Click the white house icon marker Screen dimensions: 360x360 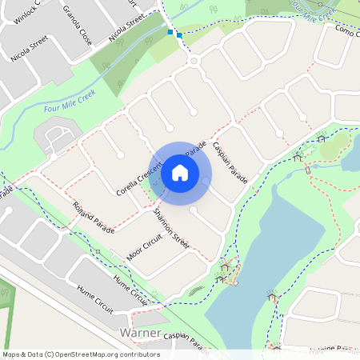pyautogui.click(x=180, y=172)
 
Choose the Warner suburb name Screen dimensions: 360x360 pyautogui.click(x=139, y=332)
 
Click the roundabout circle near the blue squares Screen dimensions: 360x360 pyautogui.click(x=193, y=61)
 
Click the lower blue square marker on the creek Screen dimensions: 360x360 pyautogui.click(x=179, y=35)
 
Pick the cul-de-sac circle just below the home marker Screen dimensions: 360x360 pyautogui.click(x=194, y=210)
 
